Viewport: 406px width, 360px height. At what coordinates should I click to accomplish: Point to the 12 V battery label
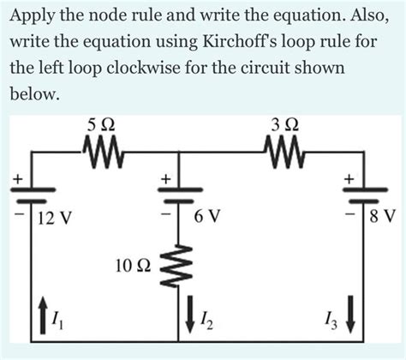tap(55, 220)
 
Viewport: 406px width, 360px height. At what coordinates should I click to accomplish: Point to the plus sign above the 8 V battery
tap(349, 178)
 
